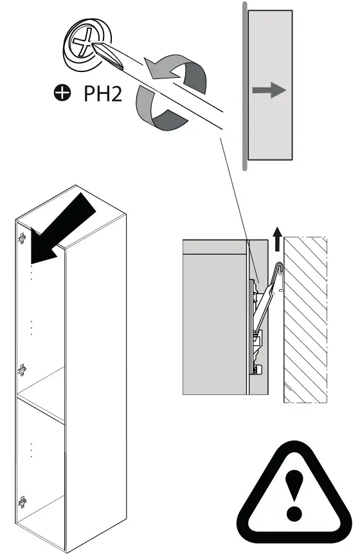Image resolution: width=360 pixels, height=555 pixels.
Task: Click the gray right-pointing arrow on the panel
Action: (269, 91)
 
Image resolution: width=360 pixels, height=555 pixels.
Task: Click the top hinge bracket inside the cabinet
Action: (22, 238)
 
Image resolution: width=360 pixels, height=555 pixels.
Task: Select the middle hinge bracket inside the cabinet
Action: (22, 369)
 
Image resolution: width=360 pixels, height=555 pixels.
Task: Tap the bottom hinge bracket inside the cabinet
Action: (22, 502)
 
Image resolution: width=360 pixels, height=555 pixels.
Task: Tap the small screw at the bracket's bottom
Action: (257, 368)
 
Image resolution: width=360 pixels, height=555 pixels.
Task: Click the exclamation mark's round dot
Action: (294, 513)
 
